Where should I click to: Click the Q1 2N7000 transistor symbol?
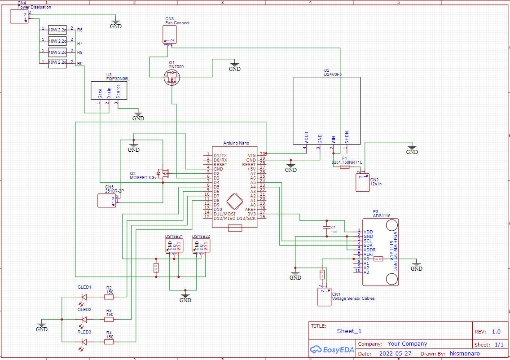pos(172,78)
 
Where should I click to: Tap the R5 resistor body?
pos(57,30)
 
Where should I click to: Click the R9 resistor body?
pos(57,62)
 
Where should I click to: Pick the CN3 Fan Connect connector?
pos(170,35)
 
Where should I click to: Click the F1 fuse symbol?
pos(344,167)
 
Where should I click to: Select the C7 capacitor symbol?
pos(327,228)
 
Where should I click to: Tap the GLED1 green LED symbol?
pos(84,297)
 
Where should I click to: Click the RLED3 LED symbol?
pos(84,342)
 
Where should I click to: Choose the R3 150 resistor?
pos(109,319)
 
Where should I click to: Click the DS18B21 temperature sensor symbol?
pos(173,245)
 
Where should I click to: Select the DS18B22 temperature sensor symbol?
pos(201,245)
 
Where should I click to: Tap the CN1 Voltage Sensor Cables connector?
pos(324,297)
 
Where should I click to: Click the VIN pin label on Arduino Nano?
pos(251,155)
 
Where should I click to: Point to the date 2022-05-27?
pos(395,353)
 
